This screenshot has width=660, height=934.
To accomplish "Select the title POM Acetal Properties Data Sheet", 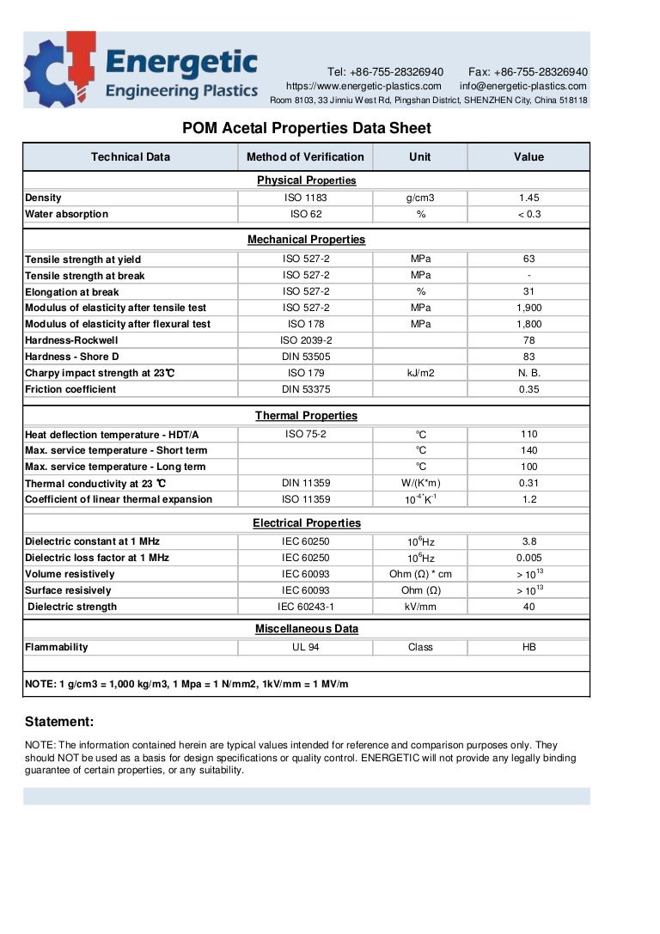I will pos(307,129).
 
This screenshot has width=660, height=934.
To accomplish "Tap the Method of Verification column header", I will pos(305,157).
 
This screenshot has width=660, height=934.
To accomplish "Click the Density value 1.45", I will pos(529,198).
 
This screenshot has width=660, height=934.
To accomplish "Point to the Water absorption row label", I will pos(67,214).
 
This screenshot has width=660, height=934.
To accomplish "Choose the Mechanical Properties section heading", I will pos(306,240).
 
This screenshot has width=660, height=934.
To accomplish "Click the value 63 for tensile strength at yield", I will pos(529,259).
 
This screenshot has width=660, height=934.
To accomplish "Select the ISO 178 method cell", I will pos(306,324).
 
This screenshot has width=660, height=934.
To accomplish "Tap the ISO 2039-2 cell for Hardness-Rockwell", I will pos(306,340).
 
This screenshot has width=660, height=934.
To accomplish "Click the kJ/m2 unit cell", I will pos(420,373).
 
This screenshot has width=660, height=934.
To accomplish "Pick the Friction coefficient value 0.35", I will pos(529,389).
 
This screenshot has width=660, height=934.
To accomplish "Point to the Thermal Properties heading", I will pos(306,416).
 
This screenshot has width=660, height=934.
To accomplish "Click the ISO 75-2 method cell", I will pos(306,434).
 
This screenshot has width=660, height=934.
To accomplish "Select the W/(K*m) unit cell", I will pos(420,483).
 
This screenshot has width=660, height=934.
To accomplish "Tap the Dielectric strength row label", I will pos(73,607).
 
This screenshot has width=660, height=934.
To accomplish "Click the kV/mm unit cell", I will pos(420,607).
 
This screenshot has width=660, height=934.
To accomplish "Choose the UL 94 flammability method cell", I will pos(306,647).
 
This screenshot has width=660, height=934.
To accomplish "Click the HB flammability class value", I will pos(529,647).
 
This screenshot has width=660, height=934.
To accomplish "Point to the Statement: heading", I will pos(59,722).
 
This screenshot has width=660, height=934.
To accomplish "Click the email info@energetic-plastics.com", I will pos(522,86).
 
